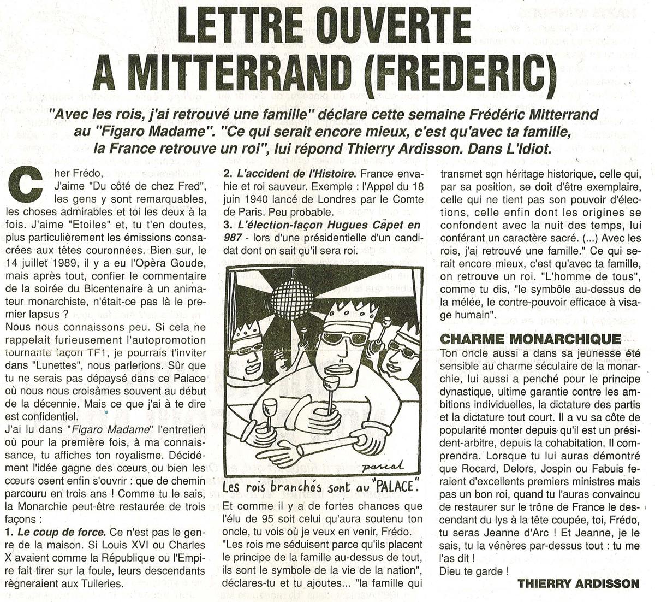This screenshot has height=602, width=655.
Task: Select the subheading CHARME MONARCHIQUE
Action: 530,339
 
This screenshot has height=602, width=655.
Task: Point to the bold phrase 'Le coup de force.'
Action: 53,532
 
